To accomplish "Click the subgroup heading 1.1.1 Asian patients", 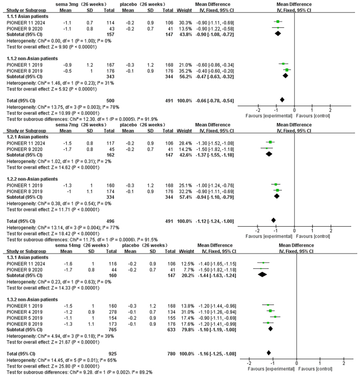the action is coord(27,16).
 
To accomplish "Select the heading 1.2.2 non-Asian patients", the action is coord(32,179).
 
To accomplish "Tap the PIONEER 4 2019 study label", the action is coord(25,312).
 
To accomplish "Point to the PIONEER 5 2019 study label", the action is coord(25,318).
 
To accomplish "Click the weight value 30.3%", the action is coord(186,23).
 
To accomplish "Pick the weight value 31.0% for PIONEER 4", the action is coord(188,312).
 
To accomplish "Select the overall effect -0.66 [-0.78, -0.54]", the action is coord(215,100).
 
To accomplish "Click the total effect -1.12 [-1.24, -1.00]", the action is coord(215,221).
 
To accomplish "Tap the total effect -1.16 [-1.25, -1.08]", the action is coord(217,354).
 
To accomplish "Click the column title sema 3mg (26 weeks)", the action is coord(81,4).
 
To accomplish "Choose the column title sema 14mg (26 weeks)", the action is coord(82,246).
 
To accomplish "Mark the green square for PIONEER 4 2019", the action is coord(270,311).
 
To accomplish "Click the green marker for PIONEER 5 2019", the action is coord(275,317).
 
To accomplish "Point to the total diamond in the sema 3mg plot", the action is coord(282,100).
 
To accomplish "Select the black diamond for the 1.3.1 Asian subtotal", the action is coord(262,275).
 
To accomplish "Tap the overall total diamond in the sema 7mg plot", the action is coord(274,220).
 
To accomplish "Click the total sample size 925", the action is coord(112,354).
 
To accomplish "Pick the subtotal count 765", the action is coord(112,330).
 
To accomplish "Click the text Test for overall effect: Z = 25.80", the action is coord(38,366).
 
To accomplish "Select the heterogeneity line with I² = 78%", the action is coord(63,107).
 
